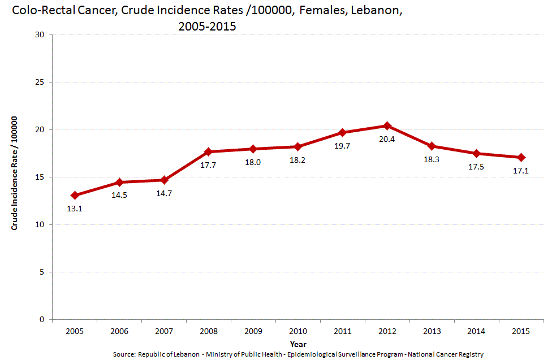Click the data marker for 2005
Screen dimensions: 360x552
click(x=74, y=196)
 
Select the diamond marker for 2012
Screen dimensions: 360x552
click(x=387, y=125)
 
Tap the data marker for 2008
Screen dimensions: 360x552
click(x=208, y=151)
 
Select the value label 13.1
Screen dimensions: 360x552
click(x=74, y=209)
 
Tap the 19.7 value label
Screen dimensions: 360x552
click(x=342, y=146)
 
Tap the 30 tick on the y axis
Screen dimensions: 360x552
click(x=40, y=35)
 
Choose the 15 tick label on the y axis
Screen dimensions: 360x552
click(x=40, y=177)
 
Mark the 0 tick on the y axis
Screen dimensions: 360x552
click(x=42, y=320)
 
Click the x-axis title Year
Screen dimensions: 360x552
click(x=298, y=344)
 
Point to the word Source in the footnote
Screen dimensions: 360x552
click(x=124, y=354)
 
